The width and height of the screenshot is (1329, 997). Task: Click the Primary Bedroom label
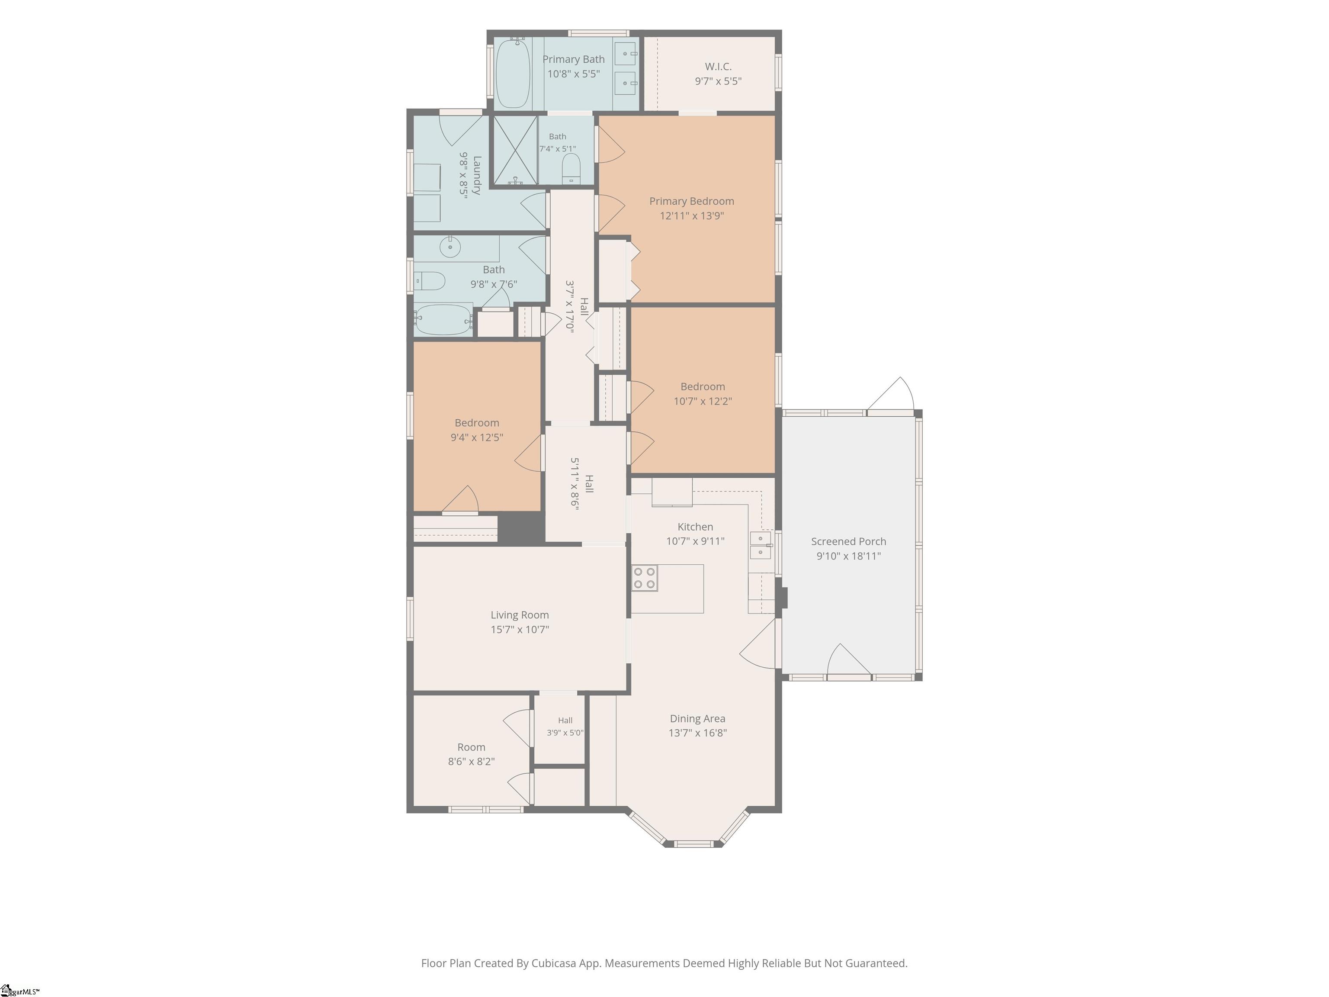[691, 201]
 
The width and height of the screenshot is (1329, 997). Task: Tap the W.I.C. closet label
[718, 67]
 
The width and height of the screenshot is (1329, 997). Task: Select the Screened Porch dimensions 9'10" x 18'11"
[848, 556]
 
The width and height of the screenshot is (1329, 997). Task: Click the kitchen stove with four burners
[644, 578]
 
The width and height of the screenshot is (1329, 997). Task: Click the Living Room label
[520, 615]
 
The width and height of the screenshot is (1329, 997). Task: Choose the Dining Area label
[697, 719]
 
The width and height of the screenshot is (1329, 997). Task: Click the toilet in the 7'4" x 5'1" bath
[571, 169]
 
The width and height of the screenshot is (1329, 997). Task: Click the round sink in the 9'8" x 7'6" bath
[450, 246]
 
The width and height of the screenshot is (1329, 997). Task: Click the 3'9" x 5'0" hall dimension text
[565, 733]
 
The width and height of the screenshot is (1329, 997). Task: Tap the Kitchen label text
[695, 527]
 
